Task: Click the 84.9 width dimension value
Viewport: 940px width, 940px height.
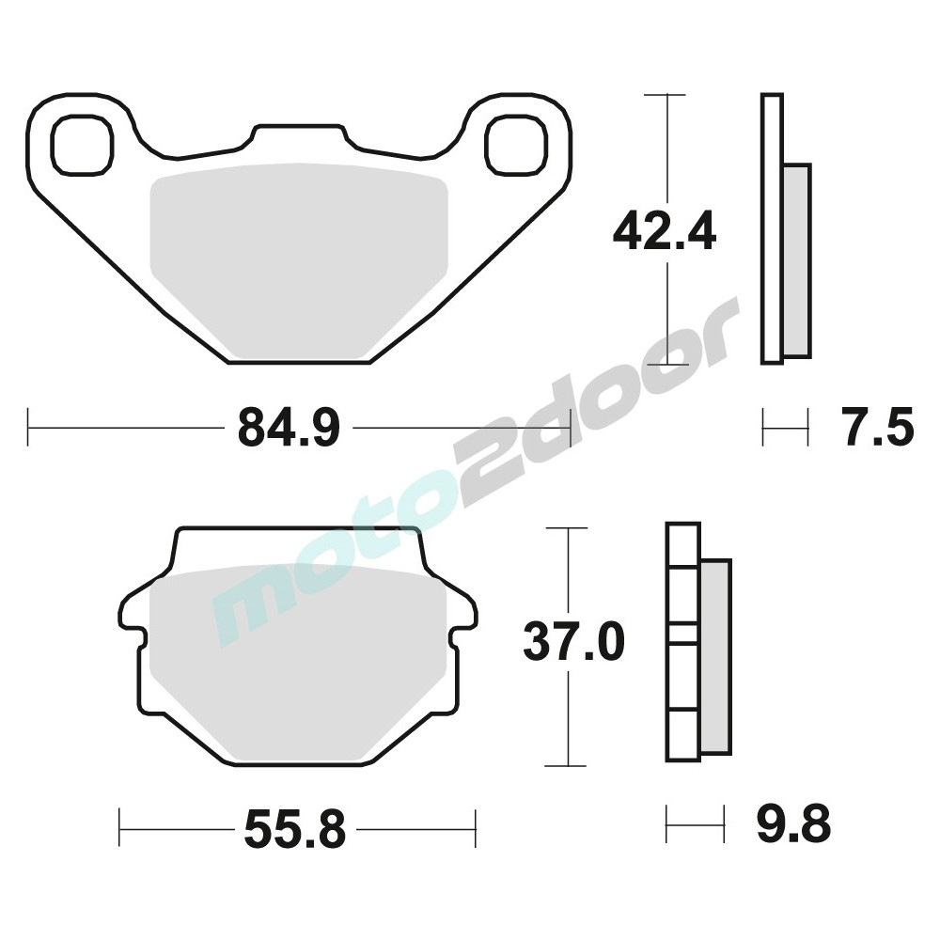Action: [x=289, y=428]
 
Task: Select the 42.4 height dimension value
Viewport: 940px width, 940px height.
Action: [x=665, y=230]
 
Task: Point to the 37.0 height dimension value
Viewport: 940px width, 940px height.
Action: [x=573, y=641]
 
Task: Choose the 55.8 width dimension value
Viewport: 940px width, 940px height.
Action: [x=295, y=829]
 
